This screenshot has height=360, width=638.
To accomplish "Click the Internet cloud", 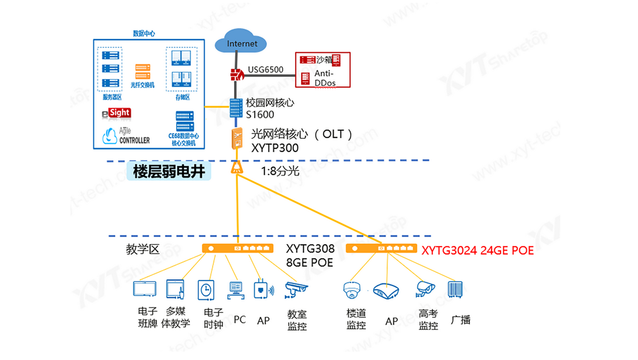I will coord(242,42).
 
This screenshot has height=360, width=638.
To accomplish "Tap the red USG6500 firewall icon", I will coord(237,74).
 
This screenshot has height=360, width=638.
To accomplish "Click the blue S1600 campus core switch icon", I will coord(236,108).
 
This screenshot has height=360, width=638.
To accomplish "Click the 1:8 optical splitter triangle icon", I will coord(237,168).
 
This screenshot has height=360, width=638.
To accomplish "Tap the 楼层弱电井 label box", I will coord(169,170).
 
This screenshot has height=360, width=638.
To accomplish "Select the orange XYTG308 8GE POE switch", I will coord(237,248).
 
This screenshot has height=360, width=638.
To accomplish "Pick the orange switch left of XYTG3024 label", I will coord(381,248).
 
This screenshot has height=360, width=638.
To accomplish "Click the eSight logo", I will coord(116,114).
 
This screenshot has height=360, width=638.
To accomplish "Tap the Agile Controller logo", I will coord(126,136).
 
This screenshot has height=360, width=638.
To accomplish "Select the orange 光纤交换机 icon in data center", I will coord(142,72).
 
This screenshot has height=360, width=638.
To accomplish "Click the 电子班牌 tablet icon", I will coord(145,289).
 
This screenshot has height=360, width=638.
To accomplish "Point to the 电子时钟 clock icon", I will coord(206,290).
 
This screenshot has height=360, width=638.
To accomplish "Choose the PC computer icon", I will coord(237,290).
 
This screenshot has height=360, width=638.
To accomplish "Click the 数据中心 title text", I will coord(144,34).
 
